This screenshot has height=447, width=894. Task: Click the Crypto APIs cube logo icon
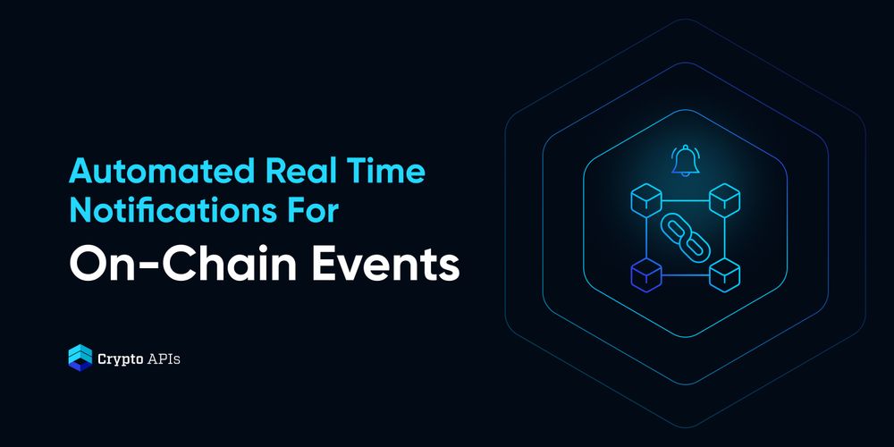click(x=80, y=358)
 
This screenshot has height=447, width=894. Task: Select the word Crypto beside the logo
click(x=116, y=359)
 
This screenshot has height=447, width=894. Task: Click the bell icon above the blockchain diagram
click(x=685, y=161)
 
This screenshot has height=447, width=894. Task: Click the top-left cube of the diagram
click(x=646, y=200)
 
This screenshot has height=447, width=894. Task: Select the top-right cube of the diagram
click(x=724, y=200)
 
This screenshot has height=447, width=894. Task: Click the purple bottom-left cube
click(x=646, y=274)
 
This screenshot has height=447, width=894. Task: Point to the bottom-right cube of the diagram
click(x=724, y=274)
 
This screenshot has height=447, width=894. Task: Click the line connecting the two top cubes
click(x=685, y=200)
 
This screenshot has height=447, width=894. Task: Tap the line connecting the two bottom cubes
click(x=685, y=275)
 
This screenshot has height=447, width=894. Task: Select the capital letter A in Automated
click(x=80, y=172)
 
